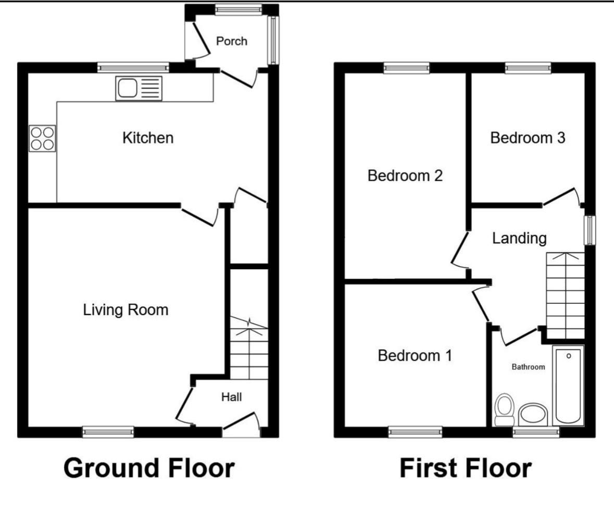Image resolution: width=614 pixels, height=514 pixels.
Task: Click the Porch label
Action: pyautogui.click(x=232, y=41)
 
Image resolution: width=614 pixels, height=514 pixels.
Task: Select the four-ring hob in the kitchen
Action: pyautogui.click(x=43, y=139)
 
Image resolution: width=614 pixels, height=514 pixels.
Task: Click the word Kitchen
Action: pyautogui.click(x=147, y=138)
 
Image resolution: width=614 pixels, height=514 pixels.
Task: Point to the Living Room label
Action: pyautogui.click(x=126, y=310)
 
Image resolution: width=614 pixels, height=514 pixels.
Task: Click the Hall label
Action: pyautogui.click(x=232, y=397)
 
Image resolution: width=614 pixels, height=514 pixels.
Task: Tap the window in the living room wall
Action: pyautogui.click(x=108, y=431)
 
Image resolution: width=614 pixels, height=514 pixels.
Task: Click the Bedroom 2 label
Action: pyautogui.click(x=405, y=175)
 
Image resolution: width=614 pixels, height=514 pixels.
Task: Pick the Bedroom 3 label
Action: pyautogui.click(x=528, y=138)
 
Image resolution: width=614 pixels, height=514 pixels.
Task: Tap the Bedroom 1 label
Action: pyautogui.click(x=415, y=356)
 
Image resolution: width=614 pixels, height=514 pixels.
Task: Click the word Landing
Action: pyautogui.click(x=519, y=239)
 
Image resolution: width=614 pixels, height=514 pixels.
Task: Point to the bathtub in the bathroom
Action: pyautogui.click(x=569, y=385)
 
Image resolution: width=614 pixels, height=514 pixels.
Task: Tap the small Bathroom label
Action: pyautogui.click(x=528, y=367)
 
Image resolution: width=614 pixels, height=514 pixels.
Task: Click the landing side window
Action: pyautogui.click(x=590, y=230)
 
